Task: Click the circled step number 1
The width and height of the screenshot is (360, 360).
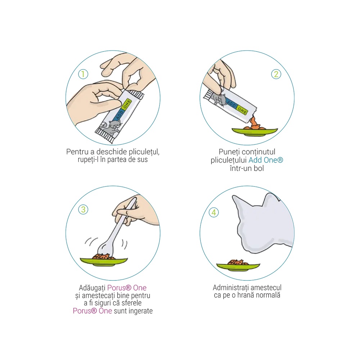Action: [x=83, y=74]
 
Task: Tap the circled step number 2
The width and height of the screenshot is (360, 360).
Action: [x=276, y=74]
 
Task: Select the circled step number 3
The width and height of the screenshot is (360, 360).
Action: [x=83, y=210]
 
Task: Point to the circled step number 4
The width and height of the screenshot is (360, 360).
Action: [x=213, y=212]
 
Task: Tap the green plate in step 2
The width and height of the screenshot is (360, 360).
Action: [x=255, y=131]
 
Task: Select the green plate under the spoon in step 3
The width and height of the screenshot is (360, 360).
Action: [x=104, y=261]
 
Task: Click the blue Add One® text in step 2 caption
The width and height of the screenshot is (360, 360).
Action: [x=266, y=160]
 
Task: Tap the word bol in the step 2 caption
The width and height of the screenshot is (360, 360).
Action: [x=259, y=168]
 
